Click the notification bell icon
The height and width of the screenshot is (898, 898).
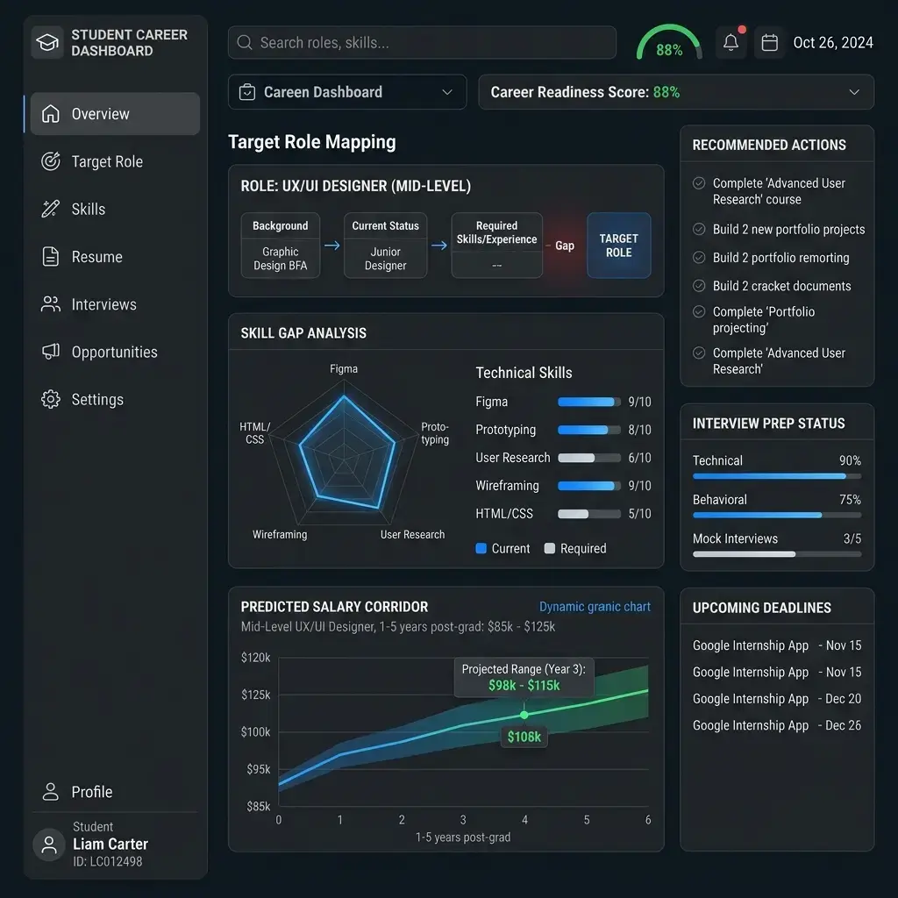731,42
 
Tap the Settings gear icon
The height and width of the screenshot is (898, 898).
50,399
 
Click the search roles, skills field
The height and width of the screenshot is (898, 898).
422,42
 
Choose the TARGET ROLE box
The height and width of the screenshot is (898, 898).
618,246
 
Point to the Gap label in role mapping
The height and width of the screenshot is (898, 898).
564,246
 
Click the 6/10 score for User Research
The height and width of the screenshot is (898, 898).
639,458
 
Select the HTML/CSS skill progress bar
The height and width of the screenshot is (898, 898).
589,514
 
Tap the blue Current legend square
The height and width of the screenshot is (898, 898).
481,548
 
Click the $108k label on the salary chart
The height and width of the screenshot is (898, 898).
524,737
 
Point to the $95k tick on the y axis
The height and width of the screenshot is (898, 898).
259,769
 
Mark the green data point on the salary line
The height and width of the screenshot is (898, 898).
524,715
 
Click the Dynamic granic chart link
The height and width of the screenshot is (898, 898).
595,607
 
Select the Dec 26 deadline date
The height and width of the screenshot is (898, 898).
843,725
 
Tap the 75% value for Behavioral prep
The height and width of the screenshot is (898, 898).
850,499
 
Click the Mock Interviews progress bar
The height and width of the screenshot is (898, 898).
777,554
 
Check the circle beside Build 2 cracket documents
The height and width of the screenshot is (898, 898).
699,285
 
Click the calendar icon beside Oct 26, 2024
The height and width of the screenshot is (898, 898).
769,42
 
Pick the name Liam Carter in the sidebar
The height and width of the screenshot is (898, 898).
110,845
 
